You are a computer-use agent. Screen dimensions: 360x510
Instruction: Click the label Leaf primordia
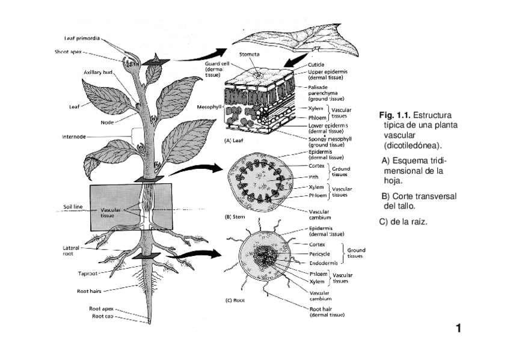click(x=82, y=39)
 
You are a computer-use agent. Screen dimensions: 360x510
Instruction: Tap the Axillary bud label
click(x=98, y=72)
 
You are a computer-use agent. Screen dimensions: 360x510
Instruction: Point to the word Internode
click(x=74, y=136)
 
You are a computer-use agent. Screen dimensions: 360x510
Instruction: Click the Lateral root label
click(x=71, y=251)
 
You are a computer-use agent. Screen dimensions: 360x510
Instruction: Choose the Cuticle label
click(x=316, y=64)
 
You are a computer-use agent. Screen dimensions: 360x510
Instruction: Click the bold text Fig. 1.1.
click(x=395, y=115)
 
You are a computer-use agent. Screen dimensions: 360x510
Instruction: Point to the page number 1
click(x=458, y=328)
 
